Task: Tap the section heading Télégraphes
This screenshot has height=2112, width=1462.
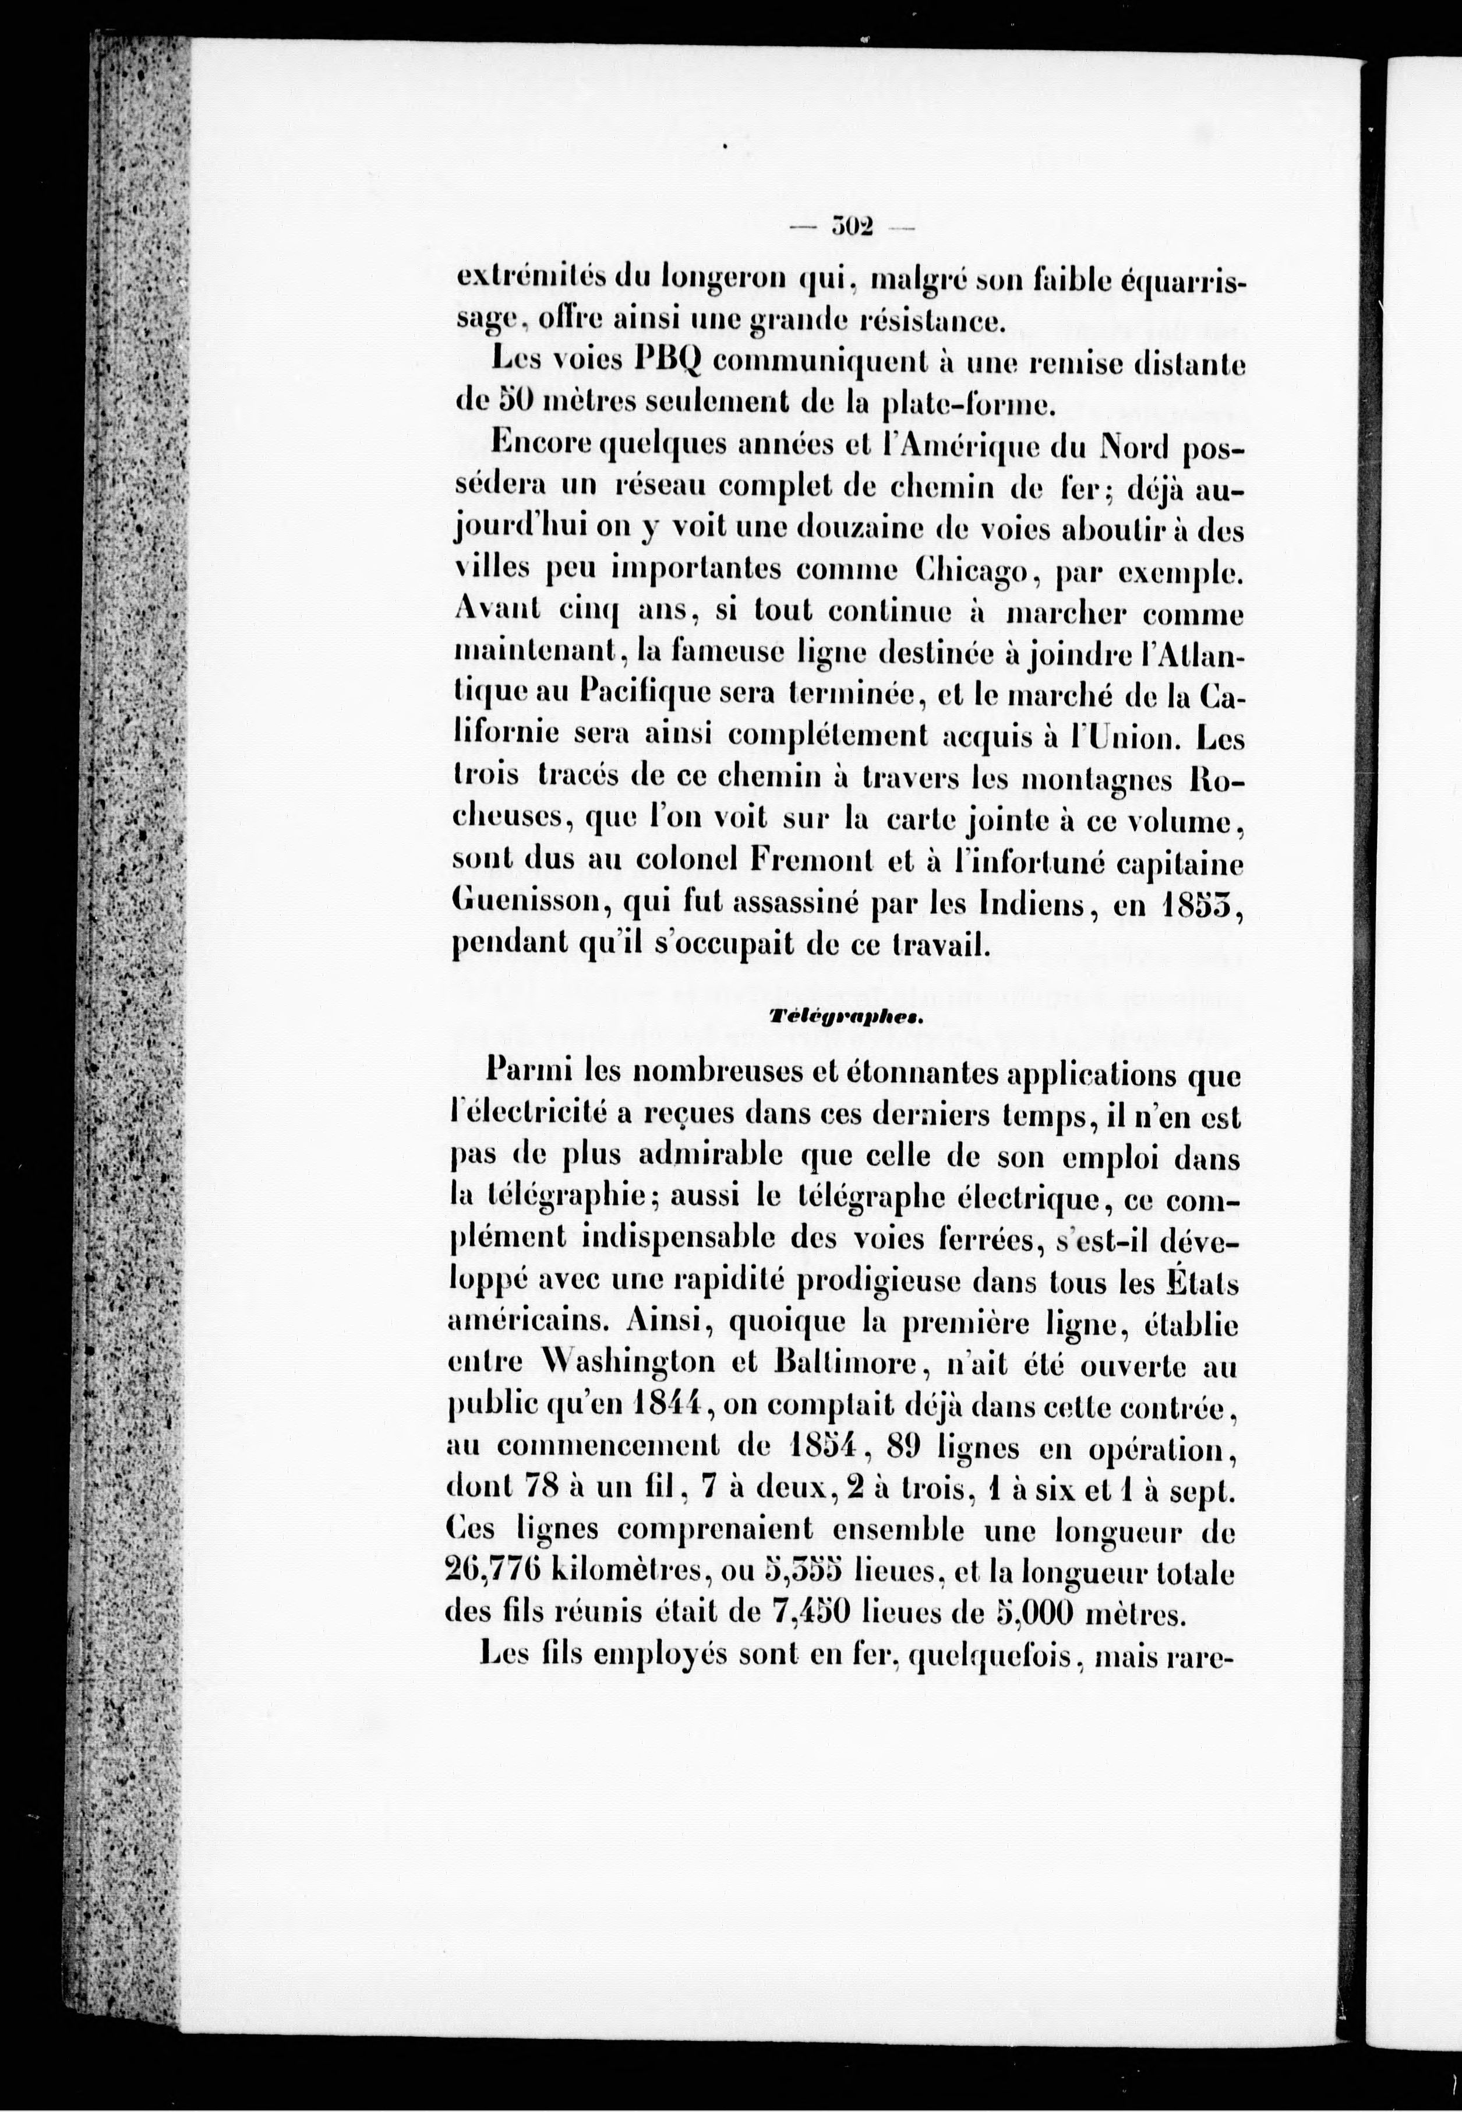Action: click(x=846, y=1017)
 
